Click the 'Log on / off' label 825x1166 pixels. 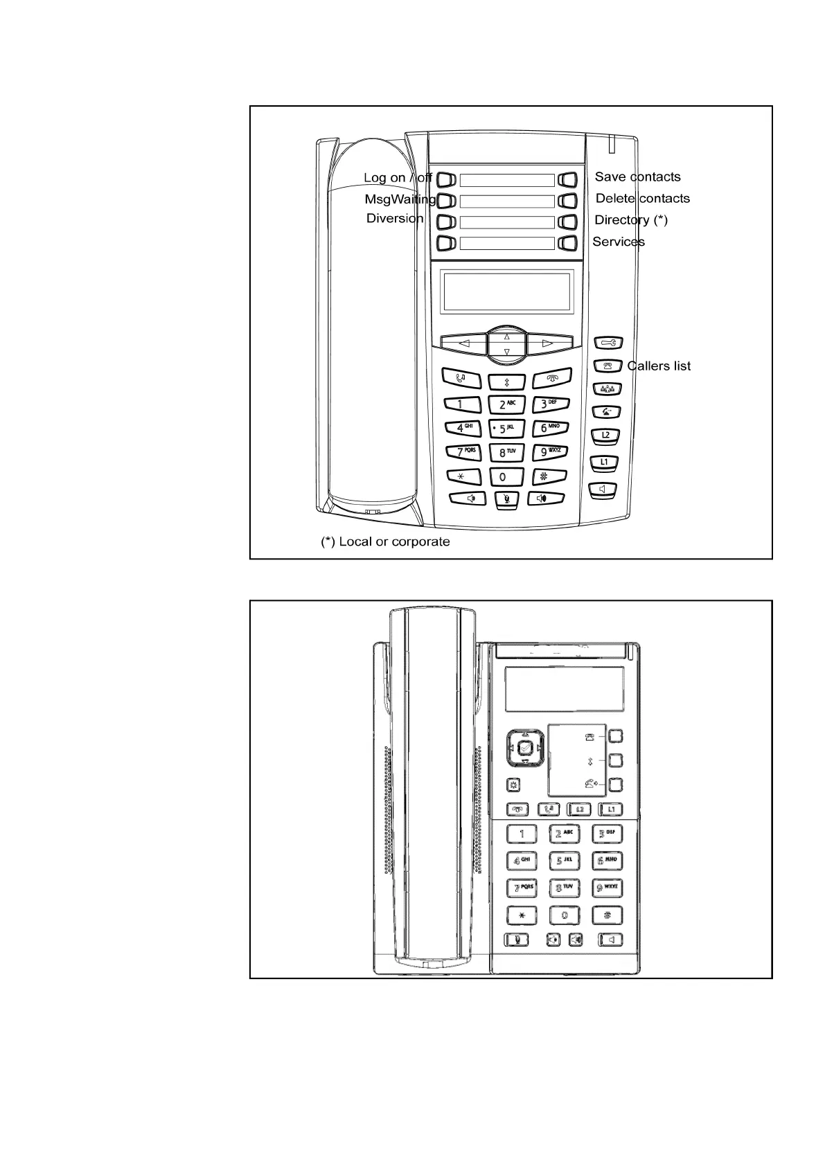coord(398,177)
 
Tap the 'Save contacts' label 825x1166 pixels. coord(637,177)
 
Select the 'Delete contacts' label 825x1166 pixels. coord(642,198)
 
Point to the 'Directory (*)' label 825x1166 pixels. coord(631,219)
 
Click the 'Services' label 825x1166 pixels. coord(618,241)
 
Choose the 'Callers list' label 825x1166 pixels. coord(659,366)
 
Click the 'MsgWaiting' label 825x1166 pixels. coord(400,199)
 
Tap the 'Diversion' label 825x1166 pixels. coord(394,218)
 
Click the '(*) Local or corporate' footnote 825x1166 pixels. coord(385,541)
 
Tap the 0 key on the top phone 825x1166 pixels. coord(504,476)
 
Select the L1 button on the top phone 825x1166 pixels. coord(604,462)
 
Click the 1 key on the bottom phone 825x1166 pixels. coord(522,834)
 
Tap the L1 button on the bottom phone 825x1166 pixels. coord(610,809)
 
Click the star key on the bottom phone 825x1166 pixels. coord(522,915)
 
